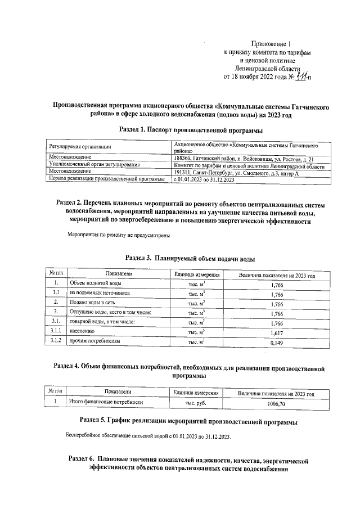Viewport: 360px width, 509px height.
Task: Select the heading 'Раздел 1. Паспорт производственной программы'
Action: click(191, 130)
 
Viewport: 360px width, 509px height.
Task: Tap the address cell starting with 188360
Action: click(247, 159)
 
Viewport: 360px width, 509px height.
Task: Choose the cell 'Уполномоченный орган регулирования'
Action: click(94, 165)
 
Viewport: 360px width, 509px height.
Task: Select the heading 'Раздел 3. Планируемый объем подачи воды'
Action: click(190, 259)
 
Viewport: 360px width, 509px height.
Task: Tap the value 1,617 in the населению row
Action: click(277, 333)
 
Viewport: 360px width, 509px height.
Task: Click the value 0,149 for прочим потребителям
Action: click(277, 343)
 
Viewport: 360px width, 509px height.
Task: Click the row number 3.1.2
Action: click(56, 342)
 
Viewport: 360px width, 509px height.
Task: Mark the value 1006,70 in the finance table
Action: click(277, 403)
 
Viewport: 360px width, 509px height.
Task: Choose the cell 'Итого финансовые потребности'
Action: click(106, 403)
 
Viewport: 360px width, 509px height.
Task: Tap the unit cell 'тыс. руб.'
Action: click(196, 403)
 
